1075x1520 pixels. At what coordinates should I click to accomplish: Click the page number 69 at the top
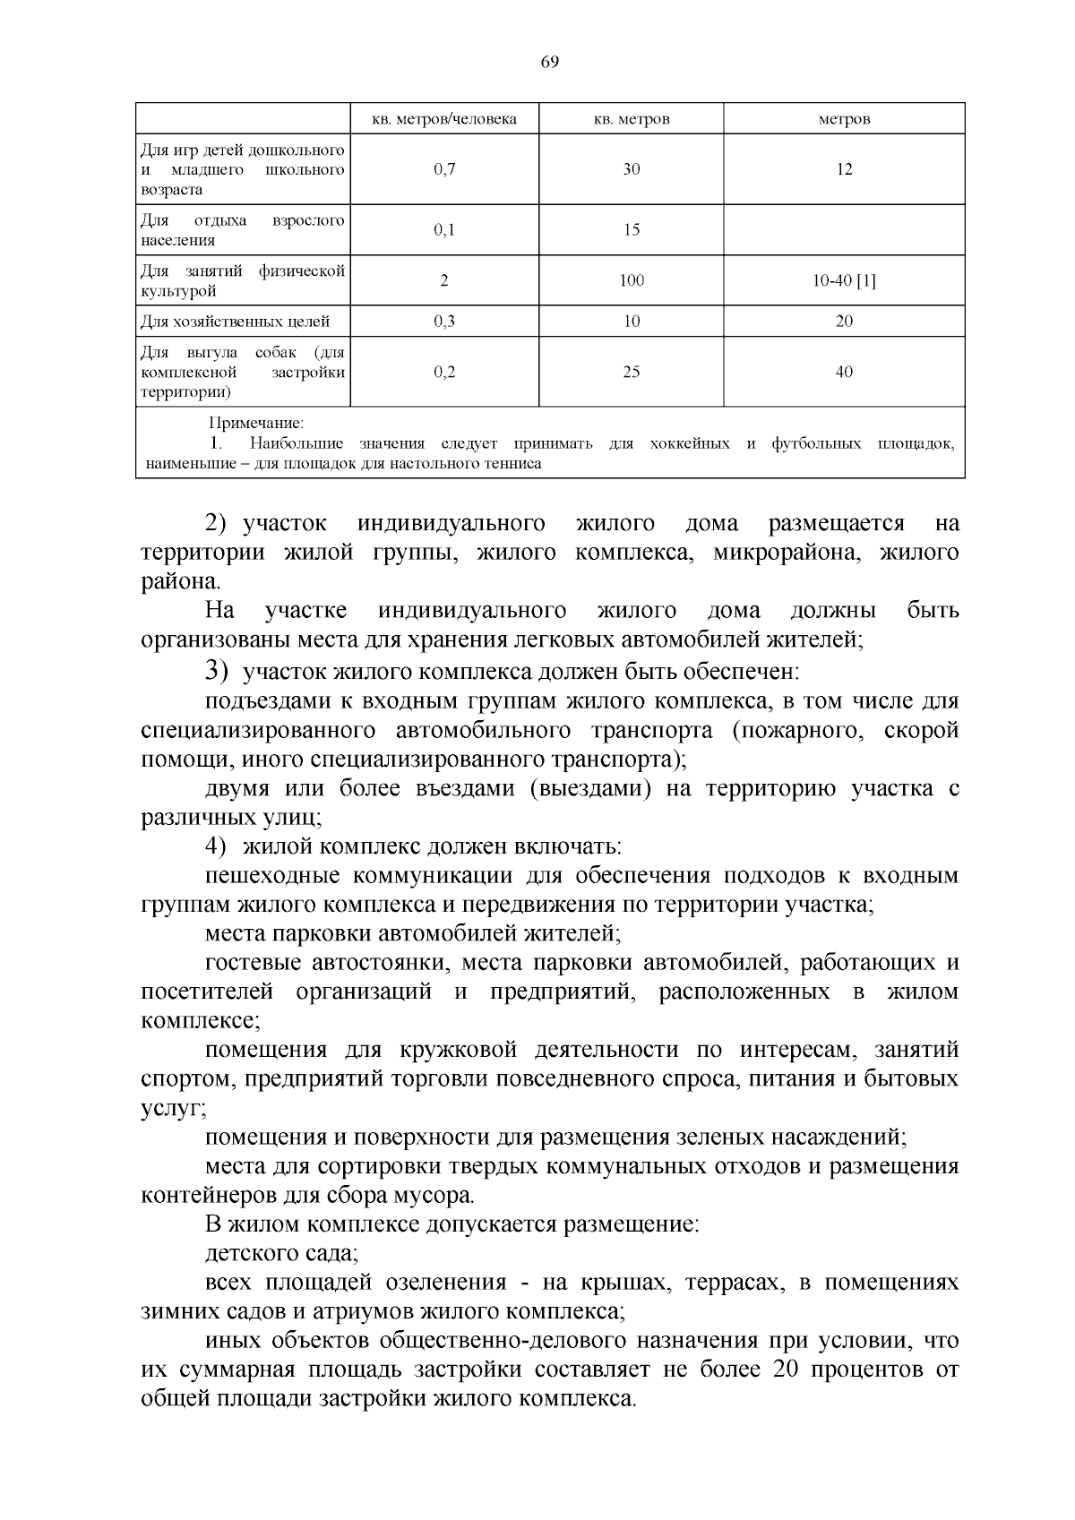click(x=549, y=62)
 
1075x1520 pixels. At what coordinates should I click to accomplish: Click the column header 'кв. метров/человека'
click(x=444, y=119)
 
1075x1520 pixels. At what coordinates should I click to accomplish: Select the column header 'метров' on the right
click(x=844, y=119)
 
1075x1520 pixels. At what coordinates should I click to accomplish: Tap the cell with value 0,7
click(x=444, y=169)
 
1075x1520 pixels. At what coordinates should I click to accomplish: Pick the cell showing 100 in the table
click(x=632, y=280)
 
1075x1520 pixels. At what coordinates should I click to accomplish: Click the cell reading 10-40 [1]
click(x=844, y=280)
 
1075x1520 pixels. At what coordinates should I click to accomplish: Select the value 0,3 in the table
click(x=444, y=321)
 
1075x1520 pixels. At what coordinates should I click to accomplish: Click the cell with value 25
click(x=632, y=372)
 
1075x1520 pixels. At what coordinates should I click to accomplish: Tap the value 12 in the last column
click(x=844, y=169)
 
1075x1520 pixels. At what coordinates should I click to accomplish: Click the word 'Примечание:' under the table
click(x=256, y=423)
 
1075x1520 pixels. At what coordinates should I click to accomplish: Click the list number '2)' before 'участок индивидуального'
click(x=219, y=523)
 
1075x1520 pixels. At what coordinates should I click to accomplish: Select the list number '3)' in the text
click(x=218, y=670)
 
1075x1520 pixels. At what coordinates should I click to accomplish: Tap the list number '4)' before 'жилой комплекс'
click(x=218, y=846)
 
